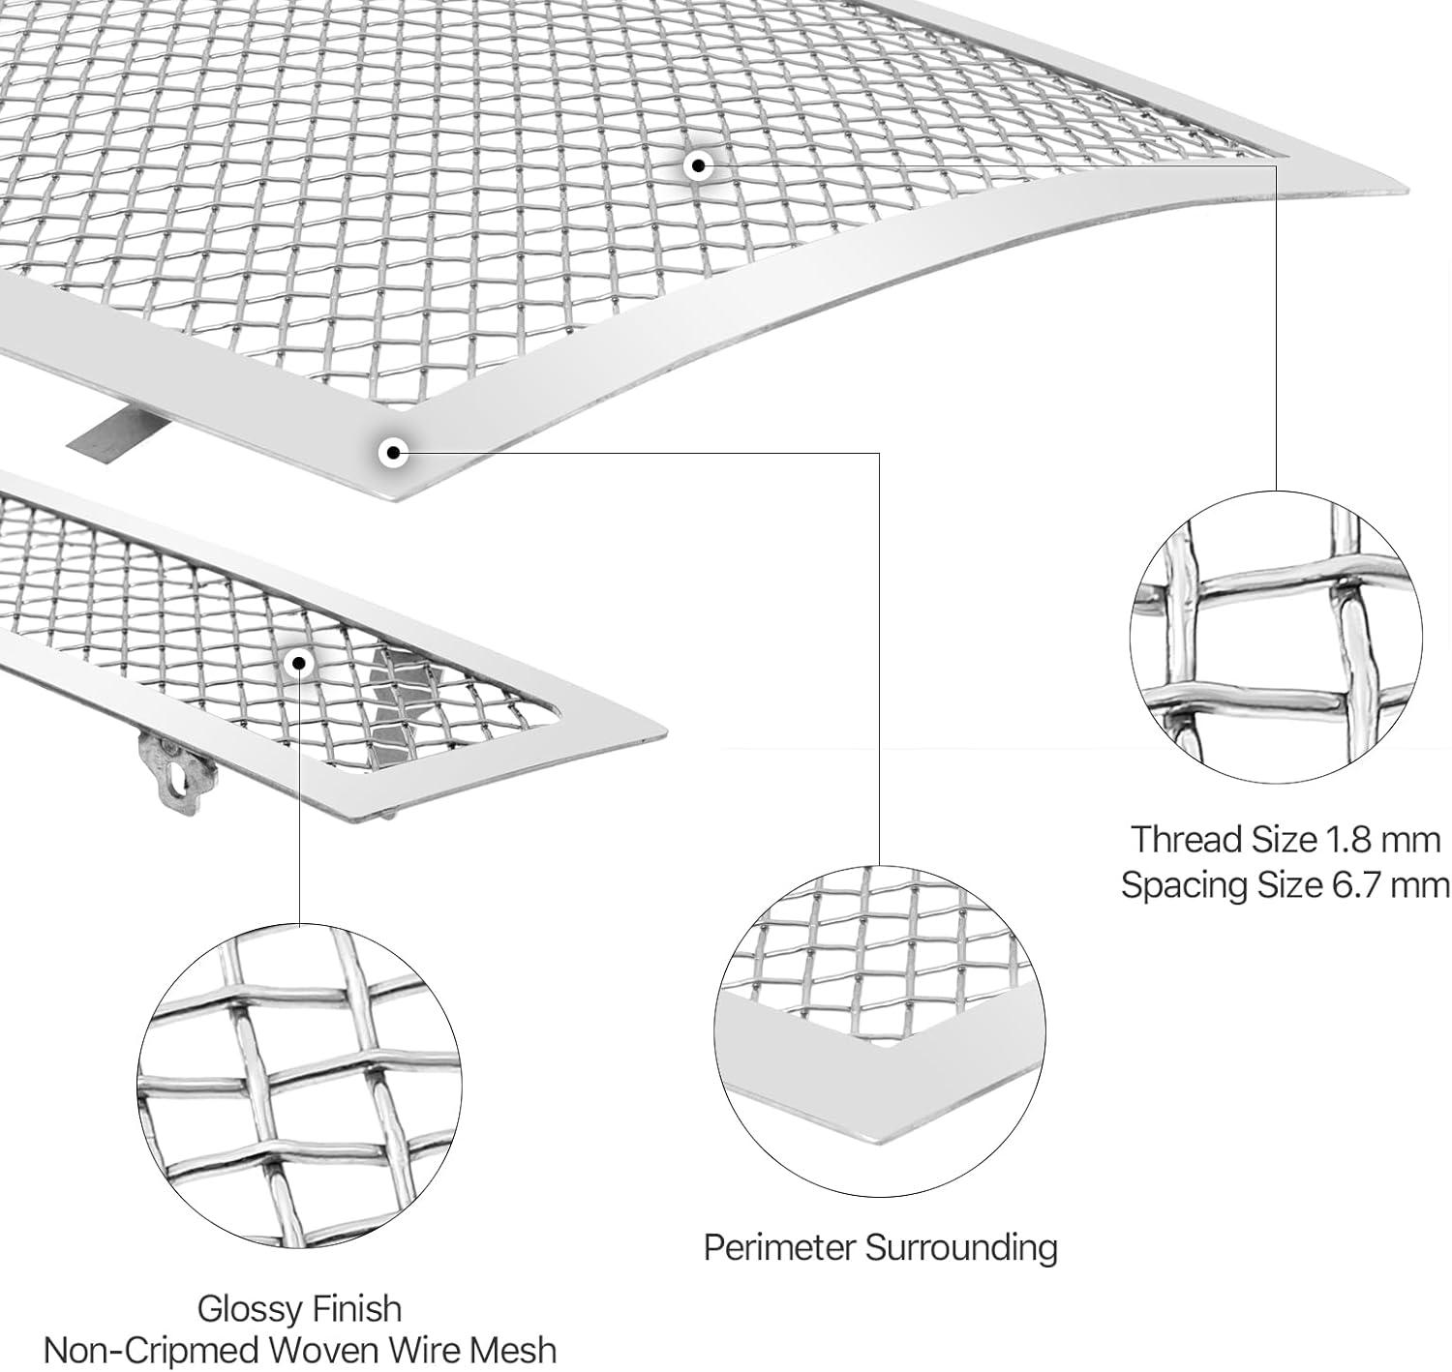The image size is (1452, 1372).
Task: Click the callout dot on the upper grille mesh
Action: [x=697, y=165]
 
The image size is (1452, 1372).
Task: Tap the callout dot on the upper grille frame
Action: [x=394, y=451]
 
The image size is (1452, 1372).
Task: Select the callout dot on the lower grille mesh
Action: [x=299, y=663]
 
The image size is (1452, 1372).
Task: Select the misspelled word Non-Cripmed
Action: [x=150, y=1352]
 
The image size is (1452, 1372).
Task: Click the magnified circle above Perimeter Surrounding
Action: [x=880, y=1030]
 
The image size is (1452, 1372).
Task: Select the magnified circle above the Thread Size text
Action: [x=1276, y=638]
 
